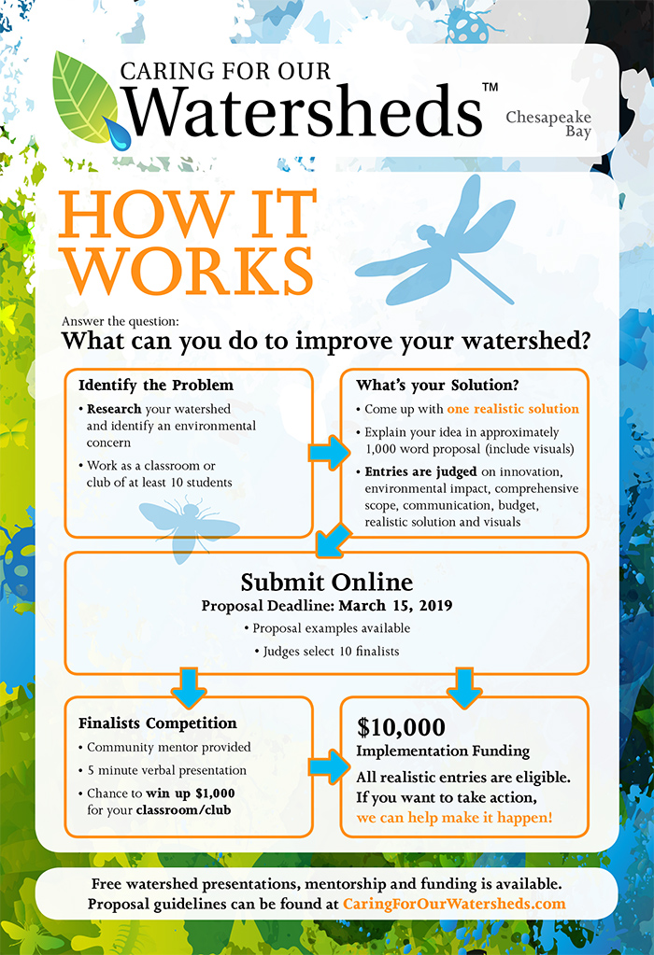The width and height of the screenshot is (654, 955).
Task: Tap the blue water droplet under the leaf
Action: click(x=119, y=134)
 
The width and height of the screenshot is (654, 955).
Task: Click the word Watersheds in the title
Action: click(x=303, y=111)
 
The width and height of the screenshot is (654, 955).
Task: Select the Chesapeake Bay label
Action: click(x=548, y=123)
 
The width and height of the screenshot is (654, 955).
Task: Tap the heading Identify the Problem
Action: click(x=156, y=385)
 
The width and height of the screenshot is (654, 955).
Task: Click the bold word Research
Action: click(x=114, y=409)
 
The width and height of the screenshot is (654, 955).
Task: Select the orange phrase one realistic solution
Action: click(x=513, y=409)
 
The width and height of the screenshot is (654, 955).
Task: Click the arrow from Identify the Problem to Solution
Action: click(x=329, y=453)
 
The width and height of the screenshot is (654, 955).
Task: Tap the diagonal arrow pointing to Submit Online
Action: click(x=333, y=541)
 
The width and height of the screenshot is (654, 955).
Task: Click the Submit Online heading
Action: click(x=327, y=583)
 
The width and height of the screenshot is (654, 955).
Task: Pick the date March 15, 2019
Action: click(x=395, y=606)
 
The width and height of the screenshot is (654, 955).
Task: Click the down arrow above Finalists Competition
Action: click(x=189, y=688)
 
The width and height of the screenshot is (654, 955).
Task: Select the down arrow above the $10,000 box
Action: click(x=464, y=688)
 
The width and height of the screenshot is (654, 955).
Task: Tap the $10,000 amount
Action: click(x=401, y=727)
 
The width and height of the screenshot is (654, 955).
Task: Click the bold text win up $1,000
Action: click(x=191, y=793)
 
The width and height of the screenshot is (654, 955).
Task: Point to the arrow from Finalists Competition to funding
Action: click(x=329, y=766)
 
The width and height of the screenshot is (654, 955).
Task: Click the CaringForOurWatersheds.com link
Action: click(x=454, y=904)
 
